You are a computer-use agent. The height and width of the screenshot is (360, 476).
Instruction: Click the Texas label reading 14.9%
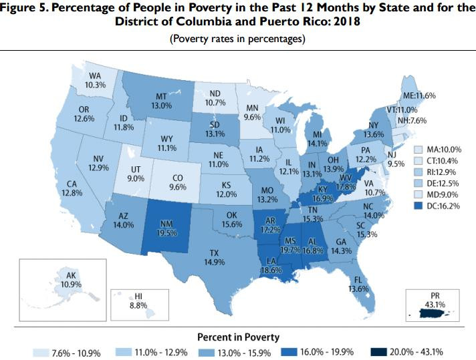point(214,258)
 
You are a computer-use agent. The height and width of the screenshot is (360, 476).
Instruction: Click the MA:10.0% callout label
point(440,149)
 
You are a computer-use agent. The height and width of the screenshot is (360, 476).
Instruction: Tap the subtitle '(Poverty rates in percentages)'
point(238,38)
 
